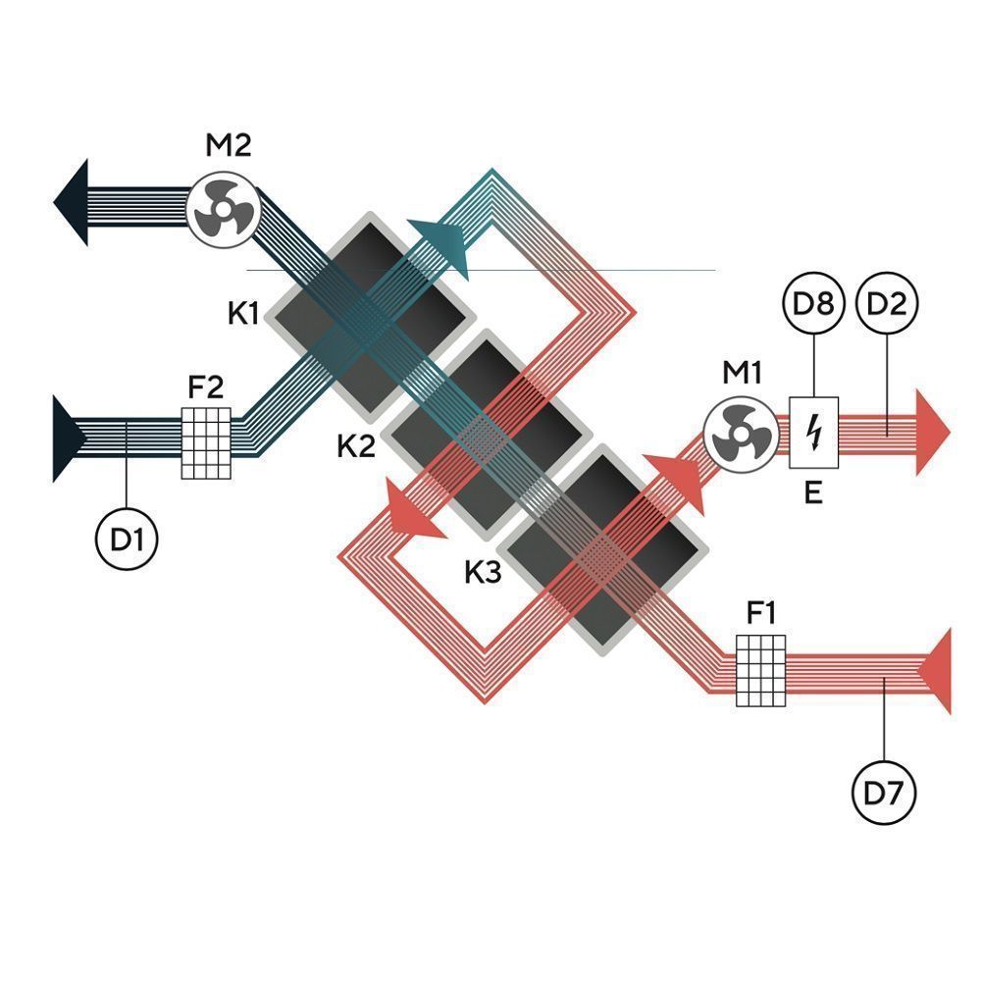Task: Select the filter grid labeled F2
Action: pos(206,442)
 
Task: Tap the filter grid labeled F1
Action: pos(761,670)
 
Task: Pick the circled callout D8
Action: pos(813,304)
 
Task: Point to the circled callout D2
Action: pos(887,304)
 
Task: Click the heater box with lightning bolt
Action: pos(813,433)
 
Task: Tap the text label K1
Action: pos(242,316)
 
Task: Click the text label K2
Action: pos(356,447)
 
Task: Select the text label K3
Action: pos(483,572)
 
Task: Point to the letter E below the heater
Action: pos(813,492)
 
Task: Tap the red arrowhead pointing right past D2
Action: pos(933,431)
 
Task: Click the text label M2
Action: pos(228,146)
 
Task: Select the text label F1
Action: pos(761,614)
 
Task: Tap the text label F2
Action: pos(206,387)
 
